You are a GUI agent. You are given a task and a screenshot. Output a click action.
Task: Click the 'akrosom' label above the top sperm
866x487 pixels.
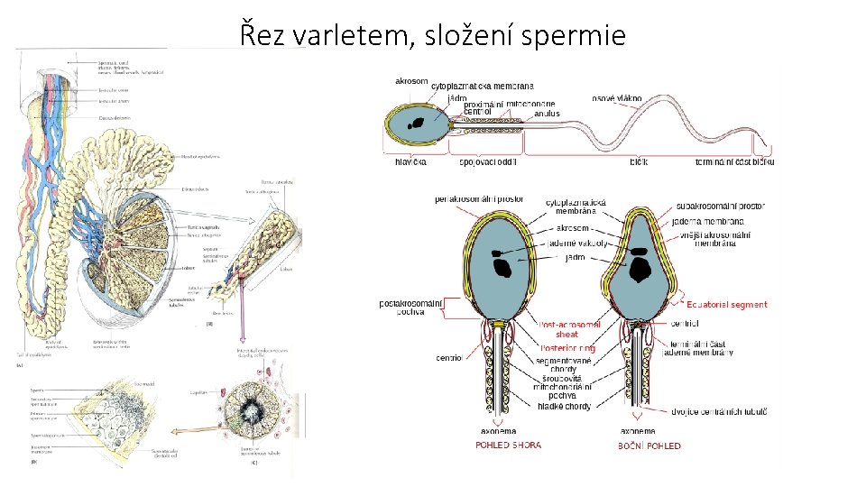411,81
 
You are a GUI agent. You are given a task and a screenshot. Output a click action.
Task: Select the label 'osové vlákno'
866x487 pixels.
617,97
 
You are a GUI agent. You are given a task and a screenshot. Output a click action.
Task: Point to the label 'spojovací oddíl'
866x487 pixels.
487,162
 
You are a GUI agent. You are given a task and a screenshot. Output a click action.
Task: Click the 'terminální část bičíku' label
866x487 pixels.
734,162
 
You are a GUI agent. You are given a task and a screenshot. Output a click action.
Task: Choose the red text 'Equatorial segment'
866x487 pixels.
727,305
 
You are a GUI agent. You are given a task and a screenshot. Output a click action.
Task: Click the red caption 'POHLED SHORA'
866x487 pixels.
508,445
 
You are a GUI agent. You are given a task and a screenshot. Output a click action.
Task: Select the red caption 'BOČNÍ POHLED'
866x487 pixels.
649,446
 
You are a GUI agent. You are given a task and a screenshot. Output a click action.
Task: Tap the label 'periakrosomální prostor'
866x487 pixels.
479,198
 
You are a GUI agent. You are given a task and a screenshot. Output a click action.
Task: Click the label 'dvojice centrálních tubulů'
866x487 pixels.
719,411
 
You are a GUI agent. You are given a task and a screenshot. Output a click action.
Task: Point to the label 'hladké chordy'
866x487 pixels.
565,407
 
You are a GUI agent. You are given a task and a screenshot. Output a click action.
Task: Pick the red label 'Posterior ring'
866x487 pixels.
567,348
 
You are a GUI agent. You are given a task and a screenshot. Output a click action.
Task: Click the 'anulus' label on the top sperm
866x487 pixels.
547,114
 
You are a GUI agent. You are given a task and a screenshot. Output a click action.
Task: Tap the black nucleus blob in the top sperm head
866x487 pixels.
418,123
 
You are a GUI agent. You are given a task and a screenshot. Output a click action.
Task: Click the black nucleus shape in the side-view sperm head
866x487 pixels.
641,268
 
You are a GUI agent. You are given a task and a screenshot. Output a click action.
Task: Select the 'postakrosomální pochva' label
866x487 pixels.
411,308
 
